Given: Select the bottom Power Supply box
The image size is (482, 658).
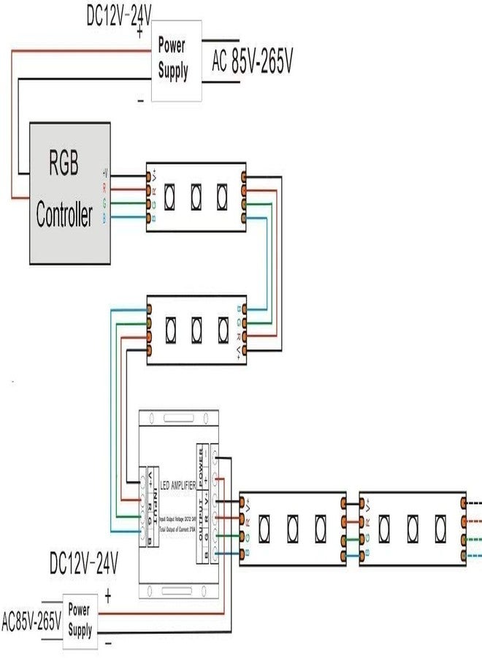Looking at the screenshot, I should [80, 620].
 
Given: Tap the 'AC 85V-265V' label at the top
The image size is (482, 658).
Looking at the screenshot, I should [252, 64].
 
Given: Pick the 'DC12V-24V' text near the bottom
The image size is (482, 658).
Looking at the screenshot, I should [84, 564].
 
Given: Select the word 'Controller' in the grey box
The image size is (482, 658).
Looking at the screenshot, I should [64, 216].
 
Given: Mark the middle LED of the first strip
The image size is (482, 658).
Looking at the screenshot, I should [196, 195].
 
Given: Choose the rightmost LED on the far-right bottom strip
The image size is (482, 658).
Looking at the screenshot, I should [440, 526].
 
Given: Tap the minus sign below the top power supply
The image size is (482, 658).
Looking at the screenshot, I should [140, 101].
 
